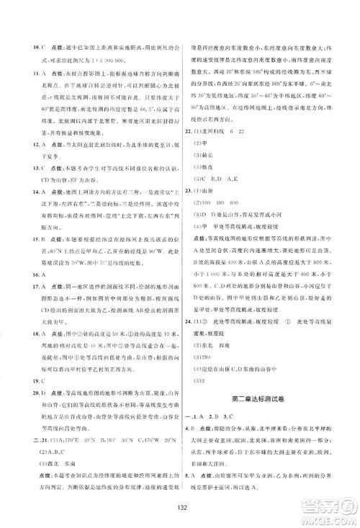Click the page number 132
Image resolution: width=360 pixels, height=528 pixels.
pos(181,506)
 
